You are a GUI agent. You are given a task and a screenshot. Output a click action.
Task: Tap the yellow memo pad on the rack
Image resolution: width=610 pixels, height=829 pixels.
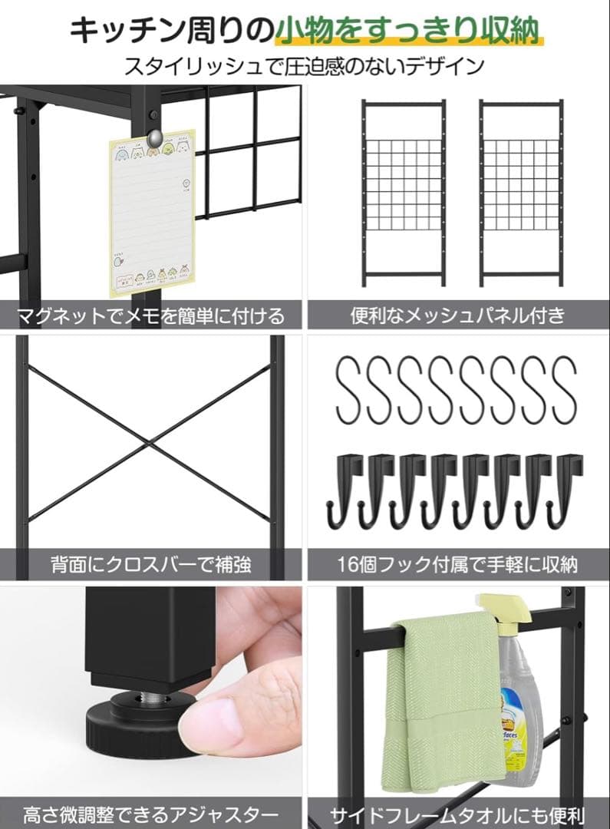[152, 215]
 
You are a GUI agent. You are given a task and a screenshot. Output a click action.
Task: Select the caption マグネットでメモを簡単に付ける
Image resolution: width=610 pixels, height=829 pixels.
[151, 315]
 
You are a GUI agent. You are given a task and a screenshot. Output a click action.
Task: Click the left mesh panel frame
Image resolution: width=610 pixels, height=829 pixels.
[404, 193]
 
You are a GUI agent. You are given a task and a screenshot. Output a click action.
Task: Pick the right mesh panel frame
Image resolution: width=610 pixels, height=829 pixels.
[521, 193]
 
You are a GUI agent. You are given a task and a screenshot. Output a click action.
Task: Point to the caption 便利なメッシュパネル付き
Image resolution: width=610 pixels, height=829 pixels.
[458, 315]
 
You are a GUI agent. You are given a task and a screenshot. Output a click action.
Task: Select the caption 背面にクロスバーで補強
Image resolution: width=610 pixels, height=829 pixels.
[151, 566]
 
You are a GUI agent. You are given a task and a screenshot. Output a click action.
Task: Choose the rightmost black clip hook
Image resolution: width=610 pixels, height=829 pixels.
[569, 491]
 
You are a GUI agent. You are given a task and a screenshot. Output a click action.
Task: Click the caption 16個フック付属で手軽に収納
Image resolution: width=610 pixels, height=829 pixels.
[458, 566]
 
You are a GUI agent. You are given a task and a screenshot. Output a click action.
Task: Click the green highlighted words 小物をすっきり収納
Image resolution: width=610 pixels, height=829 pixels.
[410, 30]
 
